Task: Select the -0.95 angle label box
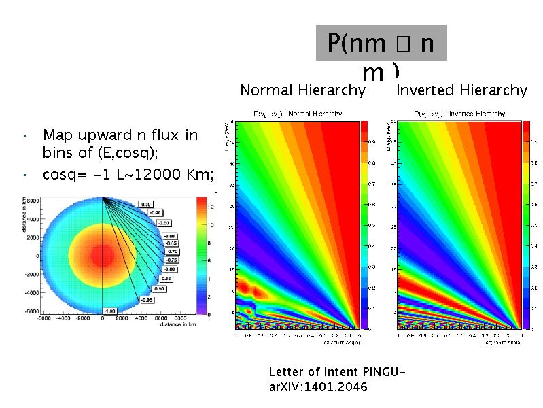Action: [146, 299]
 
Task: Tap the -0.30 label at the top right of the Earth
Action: [145, 203]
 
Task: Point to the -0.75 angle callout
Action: [173, 260]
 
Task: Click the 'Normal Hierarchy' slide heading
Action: [303, 90]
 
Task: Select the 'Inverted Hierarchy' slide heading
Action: [461, 90]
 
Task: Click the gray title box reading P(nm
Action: [381, 44]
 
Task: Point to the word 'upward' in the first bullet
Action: [108, 135]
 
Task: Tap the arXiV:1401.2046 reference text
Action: [318, 387]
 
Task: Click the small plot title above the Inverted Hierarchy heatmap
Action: [457, 114]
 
